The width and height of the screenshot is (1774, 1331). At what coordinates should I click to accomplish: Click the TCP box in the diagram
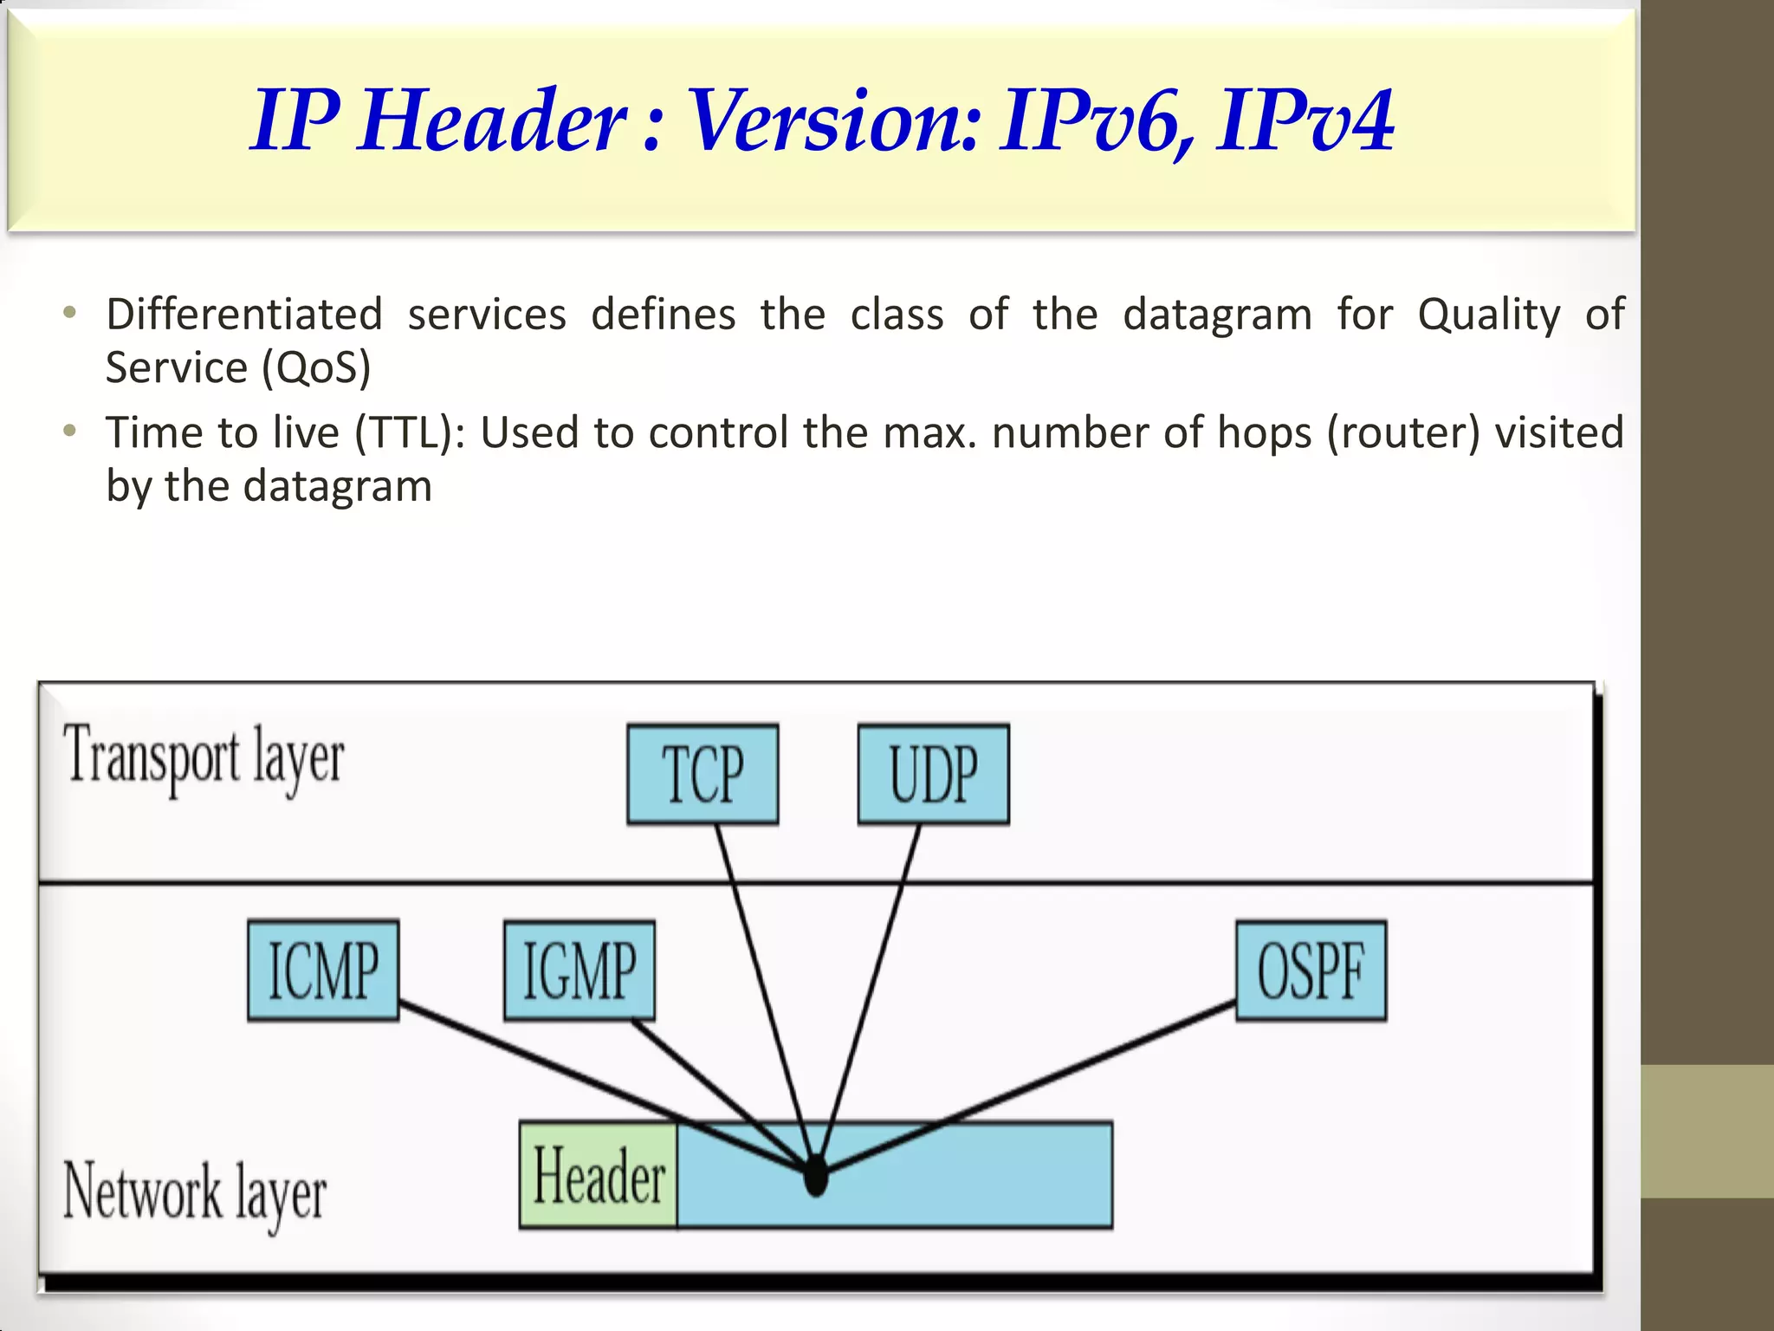click(702, 774)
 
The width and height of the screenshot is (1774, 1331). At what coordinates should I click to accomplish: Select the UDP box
click(933, 774)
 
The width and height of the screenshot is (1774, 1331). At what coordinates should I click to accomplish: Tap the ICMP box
click(323, 971)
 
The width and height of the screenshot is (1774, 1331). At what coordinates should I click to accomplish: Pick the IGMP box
click(579, 971)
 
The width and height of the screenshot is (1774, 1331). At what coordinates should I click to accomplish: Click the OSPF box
click(1311, 971)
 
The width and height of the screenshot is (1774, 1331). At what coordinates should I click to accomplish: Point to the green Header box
click(599, 1175)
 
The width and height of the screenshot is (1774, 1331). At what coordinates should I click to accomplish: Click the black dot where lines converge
click(815, 1176)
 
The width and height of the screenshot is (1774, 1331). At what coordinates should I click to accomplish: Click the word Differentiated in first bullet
click(244, 315)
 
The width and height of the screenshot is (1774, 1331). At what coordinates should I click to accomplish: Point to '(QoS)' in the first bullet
click(316, 368)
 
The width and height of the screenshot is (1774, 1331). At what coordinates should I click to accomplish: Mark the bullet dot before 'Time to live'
click(70, 431)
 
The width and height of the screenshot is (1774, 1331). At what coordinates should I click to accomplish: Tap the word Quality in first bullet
click(1488, 315)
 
